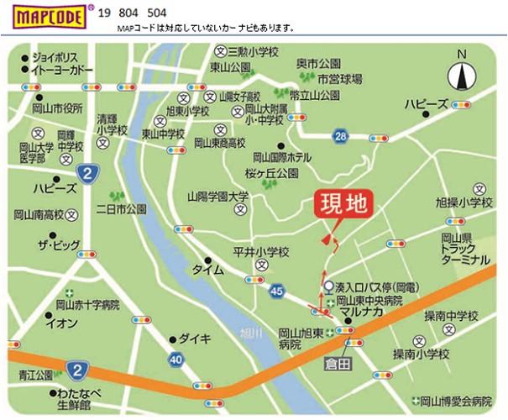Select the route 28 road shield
point(339,136)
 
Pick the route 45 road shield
point(278,291)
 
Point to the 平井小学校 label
point(261,250)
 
